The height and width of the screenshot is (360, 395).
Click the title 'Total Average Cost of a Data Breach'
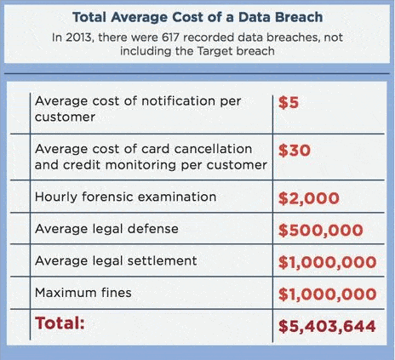197,15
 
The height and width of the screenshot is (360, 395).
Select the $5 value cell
289,103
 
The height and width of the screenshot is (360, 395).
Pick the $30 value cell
294,151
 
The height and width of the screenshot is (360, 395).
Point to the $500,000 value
321,230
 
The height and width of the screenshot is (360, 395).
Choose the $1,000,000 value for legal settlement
327,261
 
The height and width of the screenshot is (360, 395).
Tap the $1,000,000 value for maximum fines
327,294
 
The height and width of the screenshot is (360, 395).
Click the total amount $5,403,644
327,325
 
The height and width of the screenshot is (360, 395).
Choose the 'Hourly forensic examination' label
125,197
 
